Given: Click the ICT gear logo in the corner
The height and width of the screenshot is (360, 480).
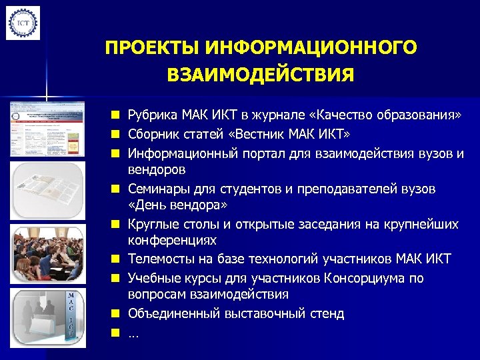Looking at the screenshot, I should click(23, 23).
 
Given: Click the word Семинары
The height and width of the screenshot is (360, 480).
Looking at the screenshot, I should click(156, 189).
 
